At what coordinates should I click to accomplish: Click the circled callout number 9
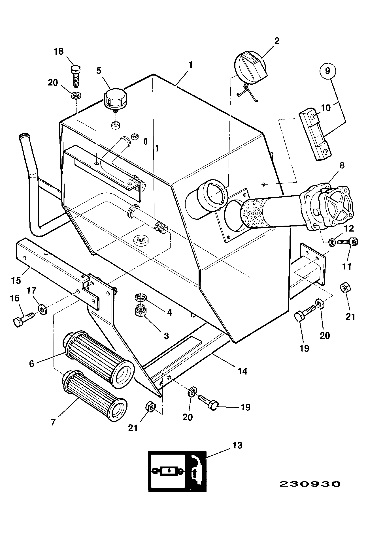point(327,71)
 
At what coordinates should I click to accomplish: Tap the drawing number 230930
point(310,484)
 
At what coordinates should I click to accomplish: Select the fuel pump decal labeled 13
point(177,471)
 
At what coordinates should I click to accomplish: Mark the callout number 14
point(243,371)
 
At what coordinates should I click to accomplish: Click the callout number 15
point(16,280)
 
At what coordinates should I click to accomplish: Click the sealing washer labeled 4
point(140,297)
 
